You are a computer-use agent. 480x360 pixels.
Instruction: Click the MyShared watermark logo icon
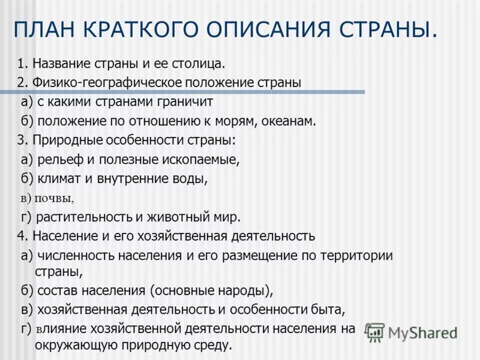375,332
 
